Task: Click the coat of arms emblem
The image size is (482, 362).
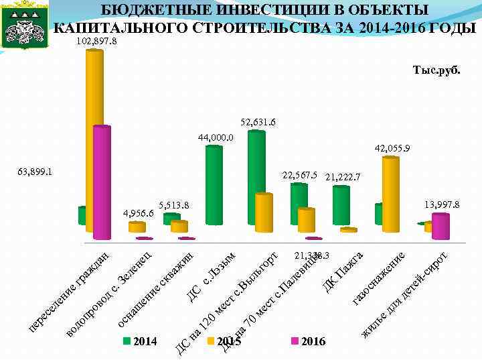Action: [x=26, y=26]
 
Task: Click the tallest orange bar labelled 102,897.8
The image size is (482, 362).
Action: [x=94, y=134]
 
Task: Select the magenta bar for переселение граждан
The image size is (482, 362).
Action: [x=102, y=181]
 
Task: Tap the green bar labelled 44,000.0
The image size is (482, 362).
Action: [x=214, y=184]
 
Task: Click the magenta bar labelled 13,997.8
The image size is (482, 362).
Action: [x=441, y=225]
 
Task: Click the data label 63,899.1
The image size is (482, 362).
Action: [x=34, y=172]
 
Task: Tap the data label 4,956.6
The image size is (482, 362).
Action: [x=139, y=213]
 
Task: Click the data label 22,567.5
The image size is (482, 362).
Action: [x=299, y=175]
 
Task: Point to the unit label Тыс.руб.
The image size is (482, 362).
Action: [x=436, y=70]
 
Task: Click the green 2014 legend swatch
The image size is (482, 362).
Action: [x=127, y=341]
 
